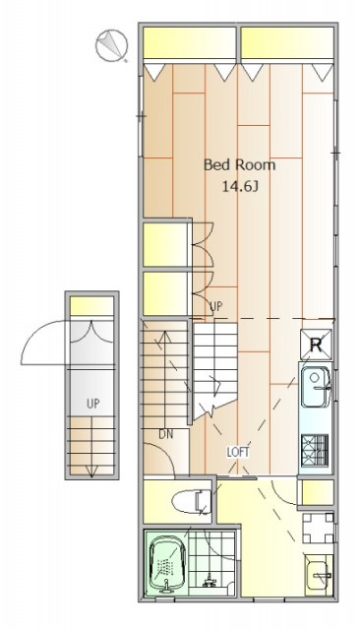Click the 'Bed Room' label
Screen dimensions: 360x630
click(x=240, y=165)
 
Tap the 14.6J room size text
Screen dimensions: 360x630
click(x=240, y=187)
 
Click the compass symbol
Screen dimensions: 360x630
click(x=111, y=45)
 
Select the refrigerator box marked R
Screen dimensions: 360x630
click(x=317, y=345)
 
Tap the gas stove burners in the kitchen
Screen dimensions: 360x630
click(x=315, y=449)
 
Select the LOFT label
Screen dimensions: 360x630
click(x=238, y=453)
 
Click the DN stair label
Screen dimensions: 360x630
click(x=166, y=434)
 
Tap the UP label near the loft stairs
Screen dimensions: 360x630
click(x=215, y=307)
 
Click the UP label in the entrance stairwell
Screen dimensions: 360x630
click(x=93, y=404)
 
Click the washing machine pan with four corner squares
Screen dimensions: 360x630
click(x=318, y=528)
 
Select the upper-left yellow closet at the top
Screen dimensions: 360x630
click(x=189, y=42)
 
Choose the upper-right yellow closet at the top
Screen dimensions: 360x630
click(x=287, y=42)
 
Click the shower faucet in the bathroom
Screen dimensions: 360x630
click(x=209, y=580)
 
